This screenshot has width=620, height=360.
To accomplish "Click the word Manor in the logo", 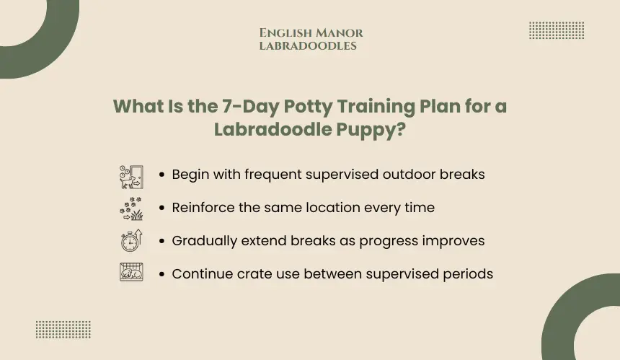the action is click(x=340, y=33).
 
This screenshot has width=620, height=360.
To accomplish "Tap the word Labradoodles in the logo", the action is click(x=308, y=46).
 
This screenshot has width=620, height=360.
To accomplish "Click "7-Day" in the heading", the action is click(x=251, y=107).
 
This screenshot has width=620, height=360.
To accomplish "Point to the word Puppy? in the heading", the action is click(x=371, y=130).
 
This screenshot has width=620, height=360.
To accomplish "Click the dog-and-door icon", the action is click(x=132, y=177).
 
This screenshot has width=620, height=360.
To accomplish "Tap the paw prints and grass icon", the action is click(x=132, y=208).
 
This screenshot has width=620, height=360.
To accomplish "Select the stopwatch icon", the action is click(x=132, y=240).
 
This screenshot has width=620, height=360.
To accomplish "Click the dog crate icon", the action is click(x=132, y=272).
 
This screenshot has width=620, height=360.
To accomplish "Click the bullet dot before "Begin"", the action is click(x=161, y=175).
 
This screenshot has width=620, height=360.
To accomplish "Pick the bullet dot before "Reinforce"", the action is click(x=161, y=208).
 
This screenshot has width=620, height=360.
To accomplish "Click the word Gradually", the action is click(x=205, y=241).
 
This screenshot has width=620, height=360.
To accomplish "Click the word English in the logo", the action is click(x=286, y=33).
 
